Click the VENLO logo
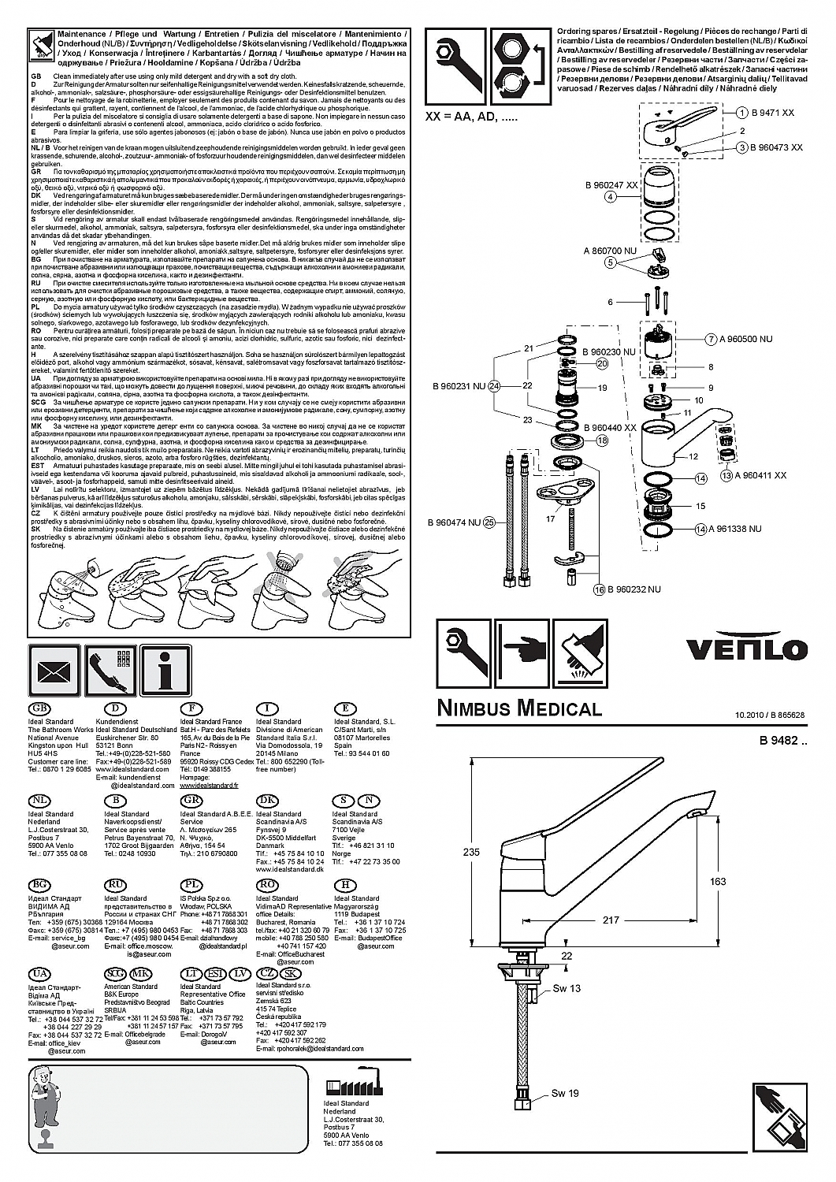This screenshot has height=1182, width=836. tap(746, 649)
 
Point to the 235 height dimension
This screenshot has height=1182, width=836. tap(471, 852)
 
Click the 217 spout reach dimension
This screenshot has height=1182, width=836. tap(611, 920)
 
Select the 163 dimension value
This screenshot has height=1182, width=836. tap(717, 882)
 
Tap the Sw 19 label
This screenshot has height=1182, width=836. tap(565, 1093)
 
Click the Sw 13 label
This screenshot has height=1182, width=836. tap(566, 988)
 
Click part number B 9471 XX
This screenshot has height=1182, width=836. tap(772, 113)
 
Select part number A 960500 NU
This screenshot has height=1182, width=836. tap(745, 339)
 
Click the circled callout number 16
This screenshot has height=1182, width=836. tap(599, 589)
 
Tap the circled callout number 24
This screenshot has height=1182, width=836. tap(494, 386)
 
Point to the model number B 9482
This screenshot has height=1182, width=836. tap(782, 740)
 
